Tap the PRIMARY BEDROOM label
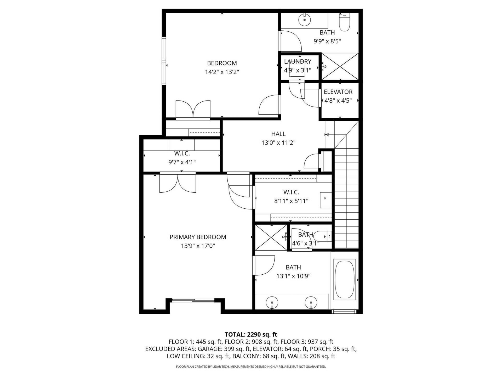point(198,237)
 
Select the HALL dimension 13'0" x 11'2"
point(278,143)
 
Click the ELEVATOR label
point(338,92)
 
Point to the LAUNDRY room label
point(298,62)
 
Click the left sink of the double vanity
point(272,303)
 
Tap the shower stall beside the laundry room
point(340,66)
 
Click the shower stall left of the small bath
point(271,237)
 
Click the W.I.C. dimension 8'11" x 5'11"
point(291,201)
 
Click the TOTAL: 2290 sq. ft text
point(251,334)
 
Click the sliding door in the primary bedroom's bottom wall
point(193,301)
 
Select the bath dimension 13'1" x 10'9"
point(293,276)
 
